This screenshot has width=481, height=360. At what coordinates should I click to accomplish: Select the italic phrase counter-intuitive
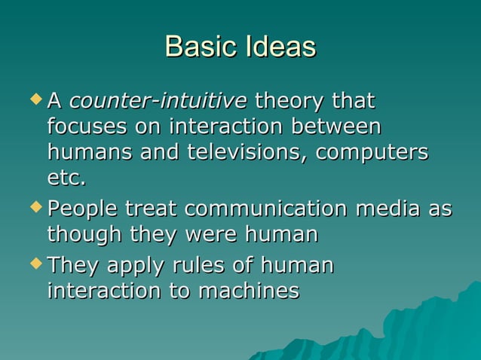[x=158, y=100]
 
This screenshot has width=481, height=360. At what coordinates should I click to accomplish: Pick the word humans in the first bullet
[x=82, y=152]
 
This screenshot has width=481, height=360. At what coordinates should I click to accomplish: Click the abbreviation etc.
[x=66, y=179]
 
